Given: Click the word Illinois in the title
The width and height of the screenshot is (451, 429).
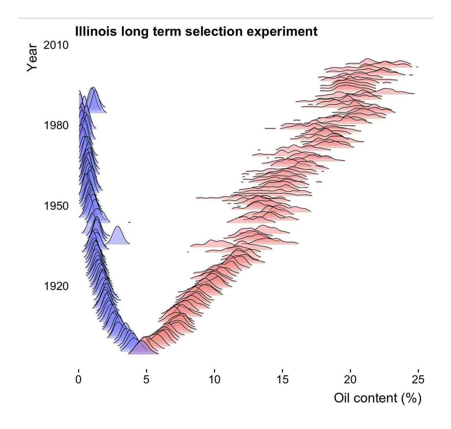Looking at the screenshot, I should tap(96, 31).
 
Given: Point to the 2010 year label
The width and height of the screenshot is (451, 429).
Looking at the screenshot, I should tap(56, 45).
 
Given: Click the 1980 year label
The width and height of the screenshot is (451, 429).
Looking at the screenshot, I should tap(56, 125).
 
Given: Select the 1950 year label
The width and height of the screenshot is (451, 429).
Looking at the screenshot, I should tap(56, 206).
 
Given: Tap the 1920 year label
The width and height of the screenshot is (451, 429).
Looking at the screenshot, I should tap(56, 286).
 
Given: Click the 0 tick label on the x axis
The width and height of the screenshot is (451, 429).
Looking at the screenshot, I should tap(78, 380).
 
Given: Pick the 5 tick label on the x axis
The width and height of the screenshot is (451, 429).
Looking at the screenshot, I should tap(146, 380).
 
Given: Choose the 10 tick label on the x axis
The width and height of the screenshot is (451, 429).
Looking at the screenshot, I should tap(214, 380).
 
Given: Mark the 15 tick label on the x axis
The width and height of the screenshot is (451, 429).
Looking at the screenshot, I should tap(282, 380).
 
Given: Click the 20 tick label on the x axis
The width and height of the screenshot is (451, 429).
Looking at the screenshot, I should tap(350, 380).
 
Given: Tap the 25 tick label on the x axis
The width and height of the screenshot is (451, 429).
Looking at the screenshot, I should tap(418, 380).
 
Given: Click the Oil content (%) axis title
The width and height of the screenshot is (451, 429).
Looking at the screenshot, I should tap(377, 398).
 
